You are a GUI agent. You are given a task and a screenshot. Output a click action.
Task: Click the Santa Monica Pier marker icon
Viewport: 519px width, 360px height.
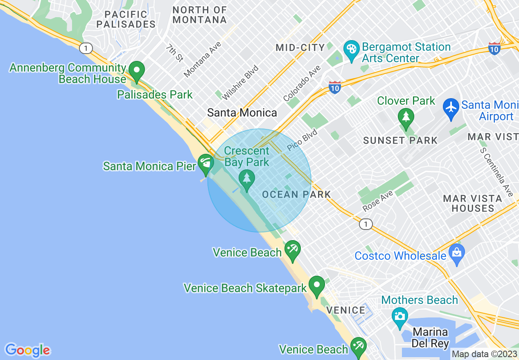(205, 163)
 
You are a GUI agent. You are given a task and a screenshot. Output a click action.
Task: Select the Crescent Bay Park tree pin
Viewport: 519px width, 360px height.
(246, 179)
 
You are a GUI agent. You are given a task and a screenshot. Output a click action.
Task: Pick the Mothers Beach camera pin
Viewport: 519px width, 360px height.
(399, 316)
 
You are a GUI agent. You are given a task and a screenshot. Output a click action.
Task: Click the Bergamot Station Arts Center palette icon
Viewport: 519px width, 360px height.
(351, 49)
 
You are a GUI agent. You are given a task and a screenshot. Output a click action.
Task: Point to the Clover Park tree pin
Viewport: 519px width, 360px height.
(406, 117)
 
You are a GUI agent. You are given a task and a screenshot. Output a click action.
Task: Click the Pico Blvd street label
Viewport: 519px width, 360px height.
(302, 140)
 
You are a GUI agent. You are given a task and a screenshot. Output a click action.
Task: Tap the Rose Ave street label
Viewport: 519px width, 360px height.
(377, 201)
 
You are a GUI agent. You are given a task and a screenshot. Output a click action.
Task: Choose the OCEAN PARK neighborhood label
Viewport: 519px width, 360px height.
(296, 194)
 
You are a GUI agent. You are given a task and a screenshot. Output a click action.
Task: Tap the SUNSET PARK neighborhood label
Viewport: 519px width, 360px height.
(400, 141)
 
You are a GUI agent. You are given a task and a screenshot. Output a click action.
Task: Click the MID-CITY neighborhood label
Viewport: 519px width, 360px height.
(300, 47)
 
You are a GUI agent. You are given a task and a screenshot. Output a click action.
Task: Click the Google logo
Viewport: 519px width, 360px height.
(27, 350)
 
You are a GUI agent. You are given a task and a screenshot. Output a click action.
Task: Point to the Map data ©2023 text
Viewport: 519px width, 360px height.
(484, 353)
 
